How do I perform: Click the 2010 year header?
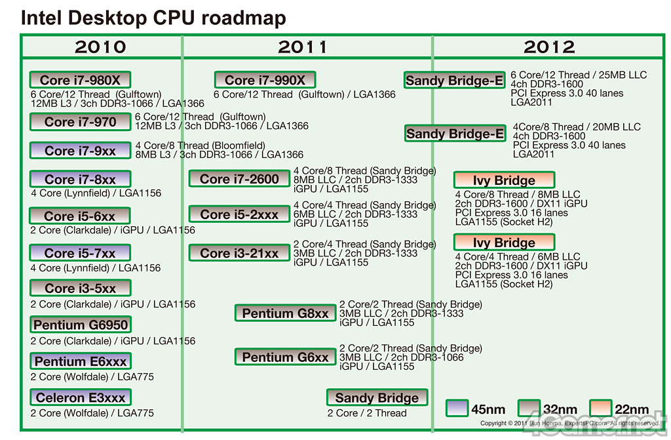(100, 47)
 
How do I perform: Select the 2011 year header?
(302, 47)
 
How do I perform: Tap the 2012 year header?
(549, 47)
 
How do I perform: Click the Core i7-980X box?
(80, 80)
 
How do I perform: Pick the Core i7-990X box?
(265, 80)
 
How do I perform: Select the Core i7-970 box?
(80, 122)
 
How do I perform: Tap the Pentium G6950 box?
(81, 325)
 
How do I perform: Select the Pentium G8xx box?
(285, 313)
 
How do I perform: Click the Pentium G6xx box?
(285, 357)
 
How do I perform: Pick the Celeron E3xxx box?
(80, 397)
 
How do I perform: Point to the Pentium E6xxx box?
(81, 361)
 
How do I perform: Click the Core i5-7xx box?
(80, 253)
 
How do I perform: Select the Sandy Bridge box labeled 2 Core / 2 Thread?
(377, 398)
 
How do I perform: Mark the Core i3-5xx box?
(80, 288)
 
